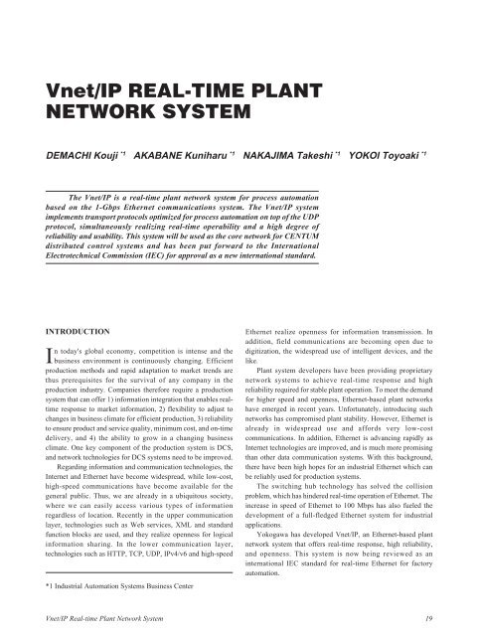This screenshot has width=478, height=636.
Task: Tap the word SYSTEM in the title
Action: pyautogui.click(x=178, y=123)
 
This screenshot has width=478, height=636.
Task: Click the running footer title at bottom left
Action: pyautogui.click(x=96, y=618)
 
